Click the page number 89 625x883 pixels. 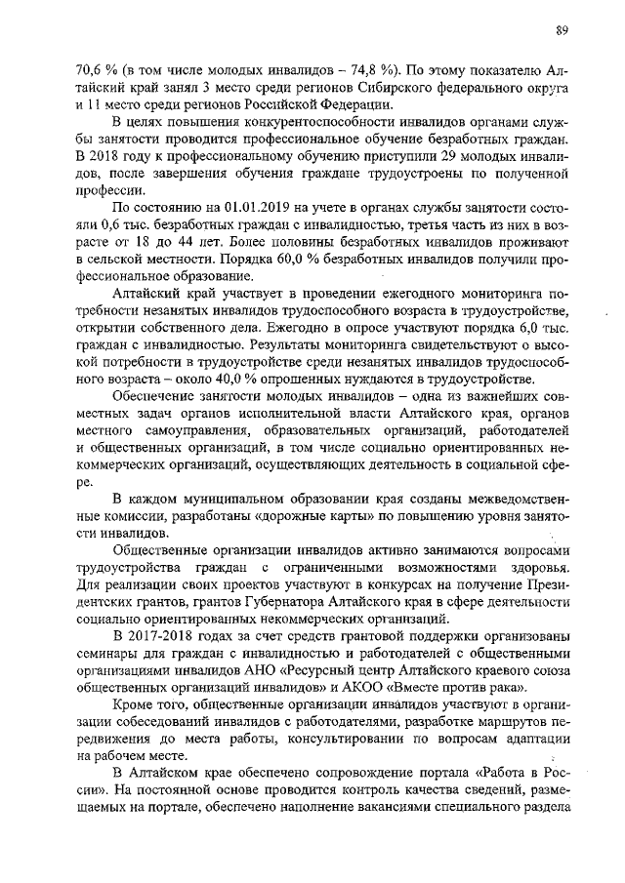(x=562, y=30)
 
